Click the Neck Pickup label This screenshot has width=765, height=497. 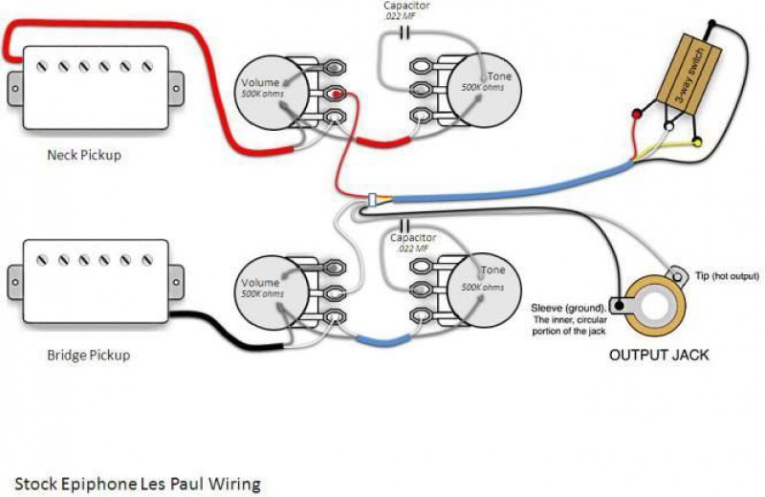click(x=84, y=154)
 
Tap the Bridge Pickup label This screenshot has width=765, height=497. click(x=88, y=355)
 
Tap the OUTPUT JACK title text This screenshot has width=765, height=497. click(x=659, y=355)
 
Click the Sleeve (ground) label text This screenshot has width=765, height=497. click(x=568, y=309)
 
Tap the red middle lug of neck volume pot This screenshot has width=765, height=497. click(x=336, y=94)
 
